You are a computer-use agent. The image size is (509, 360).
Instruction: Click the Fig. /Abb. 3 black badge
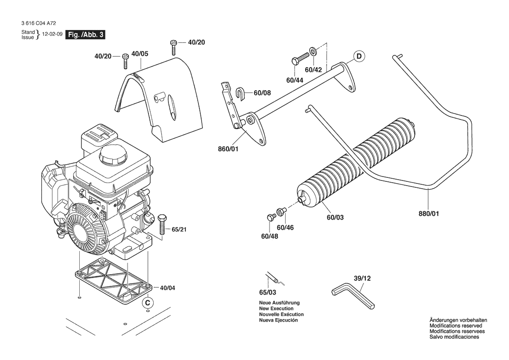tap(85, 35)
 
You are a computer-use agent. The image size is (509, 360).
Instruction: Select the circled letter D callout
tap(359, 56)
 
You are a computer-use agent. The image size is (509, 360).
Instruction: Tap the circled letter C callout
tap(148, 302)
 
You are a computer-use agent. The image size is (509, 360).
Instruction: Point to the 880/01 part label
tap(429, 214)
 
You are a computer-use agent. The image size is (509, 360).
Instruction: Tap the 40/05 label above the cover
tap(139, 54)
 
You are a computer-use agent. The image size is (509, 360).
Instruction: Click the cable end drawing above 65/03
tap(272, 278)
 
